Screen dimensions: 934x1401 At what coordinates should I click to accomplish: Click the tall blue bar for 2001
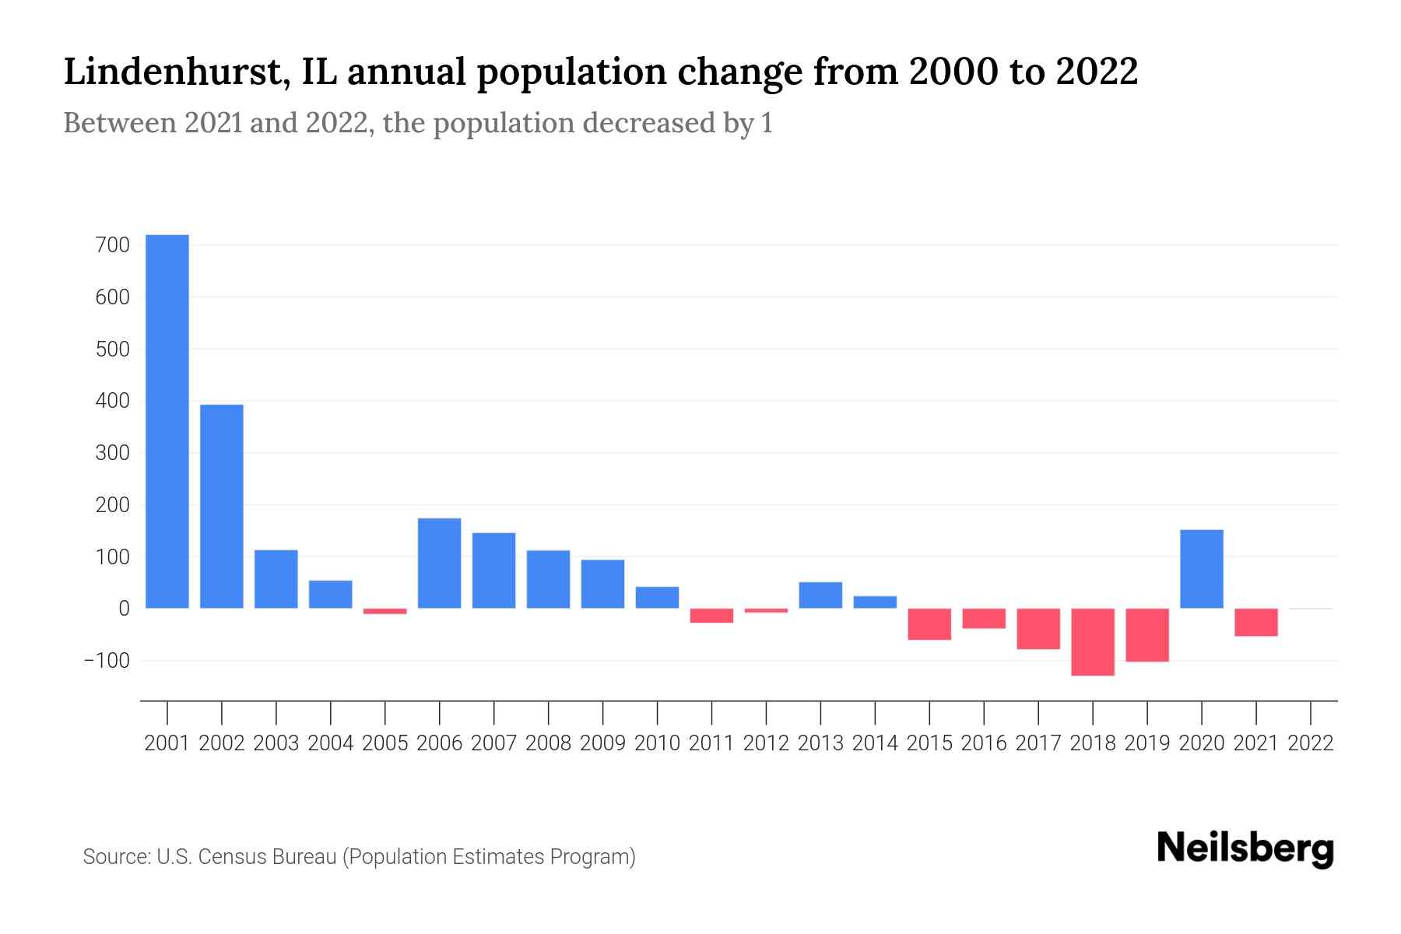pyautogui.click(x=167, y=421)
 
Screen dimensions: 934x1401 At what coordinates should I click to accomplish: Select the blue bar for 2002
pyautogui.click(x=222, y=506)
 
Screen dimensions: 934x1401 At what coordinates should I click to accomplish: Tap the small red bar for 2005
pyautogui.click(x=385, y=611)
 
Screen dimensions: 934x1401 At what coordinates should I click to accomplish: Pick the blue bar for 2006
pyautogui.click(x=440, y=563)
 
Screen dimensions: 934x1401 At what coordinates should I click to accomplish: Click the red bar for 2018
pyautogui.click(x=1093, y=642)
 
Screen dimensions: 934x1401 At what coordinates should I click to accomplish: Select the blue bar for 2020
pyautogui.click(x=1202, y=569)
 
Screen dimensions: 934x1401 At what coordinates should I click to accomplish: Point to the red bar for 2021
pyautogui.click(x=1256, y=623)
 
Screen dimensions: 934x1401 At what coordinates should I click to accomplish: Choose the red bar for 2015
pyautogui.click(x=929, y=624)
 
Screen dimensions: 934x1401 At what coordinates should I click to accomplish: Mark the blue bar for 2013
pyautogui.click(x=820, y=595)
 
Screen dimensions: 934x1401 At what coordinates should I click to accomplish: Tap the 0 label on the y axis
pyautogui.click(x=124, y=609)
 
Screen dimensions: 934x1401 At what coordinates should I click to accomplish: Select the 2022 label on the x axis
pyautogui.click(x=1311, y=743)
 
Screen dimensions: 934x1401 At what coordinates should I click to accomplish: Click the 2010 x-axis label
pyautogui.click(x=657, y=743)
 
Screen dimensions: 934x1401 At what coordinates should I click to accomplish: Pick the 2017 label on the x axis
pyautogui.click(x=1038, y=743)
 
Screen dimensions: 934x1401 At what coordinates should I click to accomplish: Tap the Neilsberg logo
pyautogui.click(x=1245, y=848)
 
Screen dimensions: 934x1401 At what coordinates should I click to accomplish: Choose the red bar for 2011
pyautogui.click(x=711, y=616)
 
